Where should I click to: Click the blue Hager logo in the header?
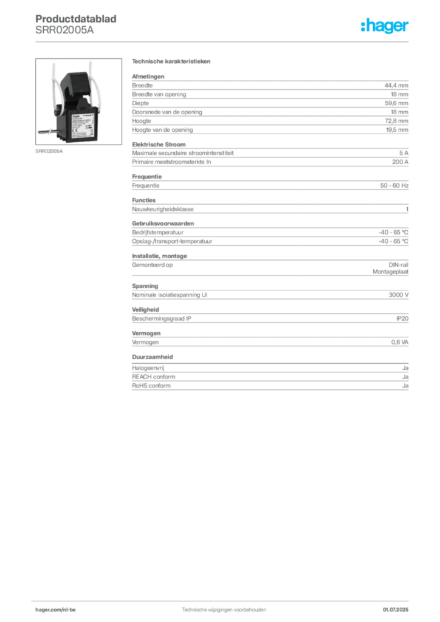point(385,27)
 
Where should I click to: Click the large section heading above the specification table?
point(172,63)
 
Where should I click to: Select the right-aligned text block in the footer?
point(398,608)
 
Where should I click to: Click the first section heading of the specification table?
point(148,75)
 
